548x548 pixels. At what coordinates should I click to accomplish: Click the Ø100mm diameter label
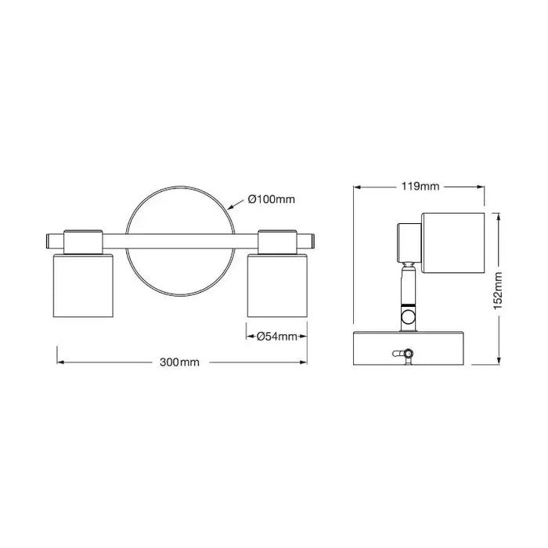coord(271,200)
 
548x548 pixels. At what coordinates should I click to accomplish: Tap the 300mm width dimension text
coord(179,362)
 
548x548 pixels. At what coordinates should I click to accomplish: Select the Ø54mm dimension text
coord(277,337)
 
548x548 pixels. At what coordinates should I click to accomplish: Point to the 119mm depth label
coord(420,187)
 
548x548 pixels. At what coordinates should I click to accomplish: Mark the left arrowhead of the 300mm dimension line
coord(59,362)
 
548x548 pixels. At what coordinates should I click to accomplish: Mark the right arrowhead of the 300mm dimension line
coord(304,362)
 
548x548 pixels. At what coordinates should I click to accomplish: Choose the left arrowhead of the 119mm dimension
coord(358,187)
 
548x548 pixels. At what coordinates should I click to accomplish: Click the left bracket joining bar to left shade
coord(83,240)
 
